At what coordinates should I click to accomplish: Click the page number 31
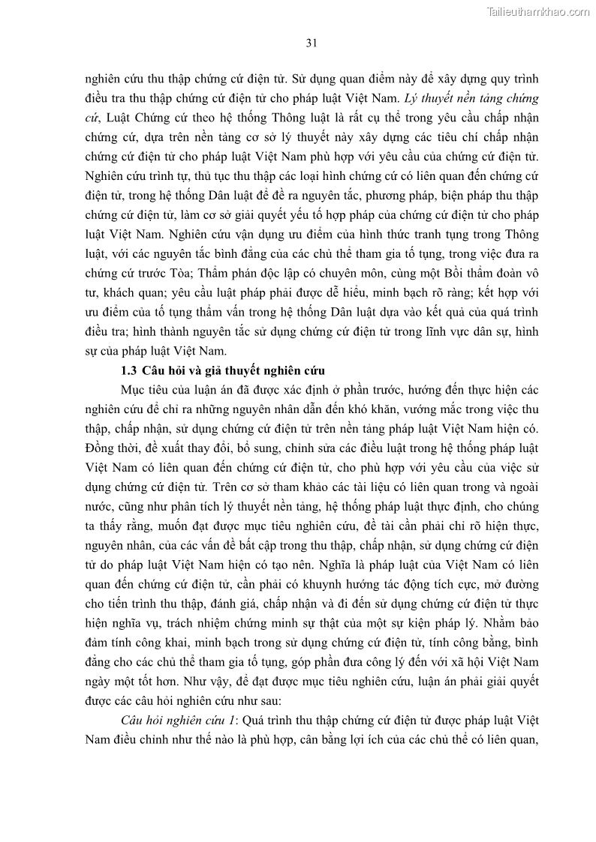coord(312,43)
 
